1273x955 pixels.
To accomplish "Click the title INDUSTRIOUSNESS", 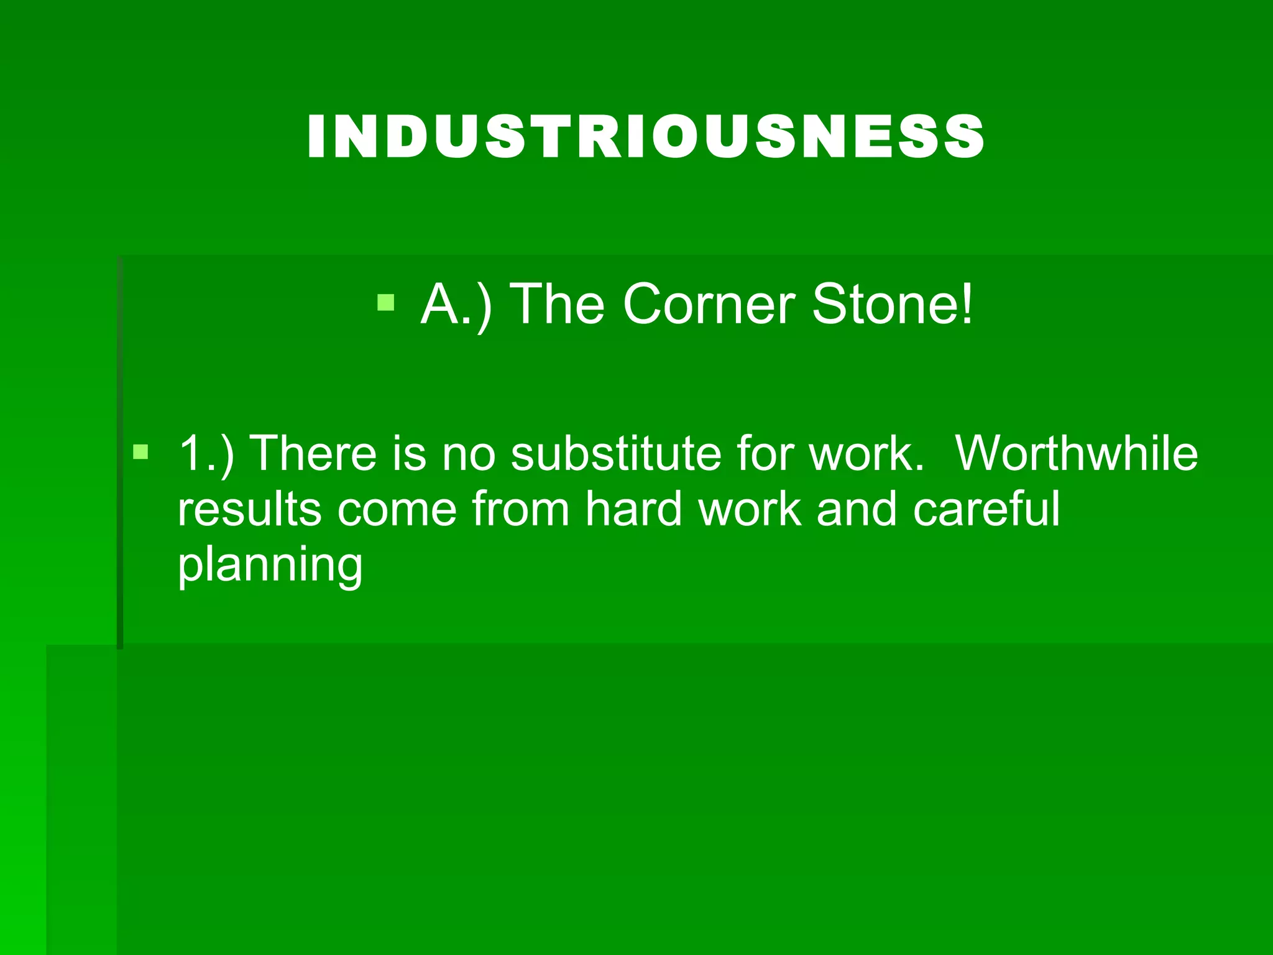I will click(x=645, y=137).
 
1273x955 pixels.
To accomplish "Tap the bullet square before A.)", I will click(x=386, y=303).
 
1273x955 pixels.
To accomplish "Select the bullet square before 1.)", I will click(x=141, y=451).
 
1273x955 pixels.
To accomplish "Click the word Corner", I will click(x=709, y=305).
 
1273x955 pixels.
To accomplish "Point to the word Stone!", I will click(x=892, y=305).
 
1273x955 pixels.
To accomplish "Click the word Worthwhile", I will click(x=1076, y=453).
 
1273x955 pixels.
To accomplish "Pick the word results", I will click(x=249, y=509).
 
